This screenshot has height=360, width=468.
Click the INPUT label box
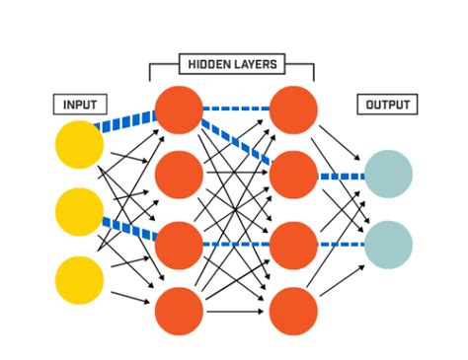[x=79, y=104]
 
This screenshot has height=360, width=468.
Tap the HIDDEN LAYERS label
[x=231, y=65]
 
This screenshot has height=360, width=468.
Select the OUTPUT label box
[x=387, y=104]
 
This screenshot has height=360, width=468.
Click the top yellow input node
[x=79, y=145]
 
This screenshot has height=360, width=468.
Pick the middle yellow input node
[x=79, y=211]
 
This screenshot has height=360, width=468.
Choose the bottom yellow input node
[x=79, y=279]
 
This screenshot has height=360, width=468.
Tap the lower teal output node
[x=388, y=245]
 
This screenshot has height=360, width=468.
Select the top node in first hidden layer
[x=179, y=109]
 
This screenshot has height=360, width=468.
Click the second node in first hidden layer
[x=179, y=176]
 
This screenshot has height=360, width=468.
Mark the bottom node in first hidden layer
[x=179, y=311]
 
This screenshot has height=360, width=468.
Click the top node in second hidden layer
[x=293, y=109]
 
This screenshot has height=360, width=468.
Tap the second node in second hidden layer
[x=293, y=176]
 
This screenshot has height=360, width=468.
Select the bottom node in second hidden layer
[x=293, y=311]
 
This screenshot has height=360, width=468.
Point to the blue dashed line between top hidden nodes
[x=236, y=109]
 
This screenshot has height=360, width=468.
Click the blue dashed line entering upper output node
[x=341, y=177]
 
